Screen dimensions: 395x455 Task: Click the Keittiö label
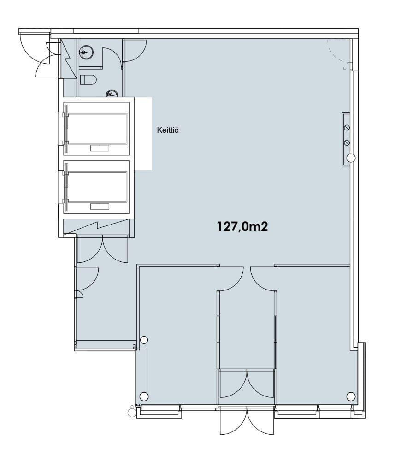pyautogui.click(x=168, y=130)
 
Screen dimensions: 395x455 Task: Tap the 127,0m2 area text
pyautogui.click(x=242, y=226)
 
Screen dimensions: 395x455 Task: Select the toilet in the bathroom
pyautogui.click(x=88, y=80)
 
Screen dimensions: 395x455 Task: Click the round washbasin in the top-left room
pyautogui.click(x=86, y=52)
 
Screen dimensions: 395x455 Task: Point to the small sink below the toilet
pyautogui.click(x=112, y=93)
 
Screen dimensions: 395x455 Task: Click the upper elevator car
pyautogui.click(x=96, y=129)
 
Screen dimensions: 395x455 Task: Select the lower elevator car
pyautogui.click(x=96, y=187)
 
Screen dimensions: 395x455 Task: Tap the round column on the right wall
pyautogui.click(x=351, y=158)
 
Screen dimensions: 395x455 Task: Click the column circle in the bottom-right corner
pyautogui.click(x=351, y=396)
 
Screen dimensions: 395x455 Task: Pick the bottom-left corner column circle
pyautogui.click(x=144, y=396)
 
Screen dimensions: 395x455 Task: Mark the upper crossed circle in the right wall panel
pyautogui.click(x=347, y=127)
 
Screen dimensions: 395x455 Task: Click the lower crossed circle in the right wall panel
pyautogui.click(x=347, y=142)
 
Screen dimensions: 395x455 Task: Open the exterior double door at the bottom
pyautogui.click(x=247, y=421)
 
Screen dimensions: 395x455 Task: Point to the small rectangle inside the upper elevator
pyautogui.click(x=100, y=148)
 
